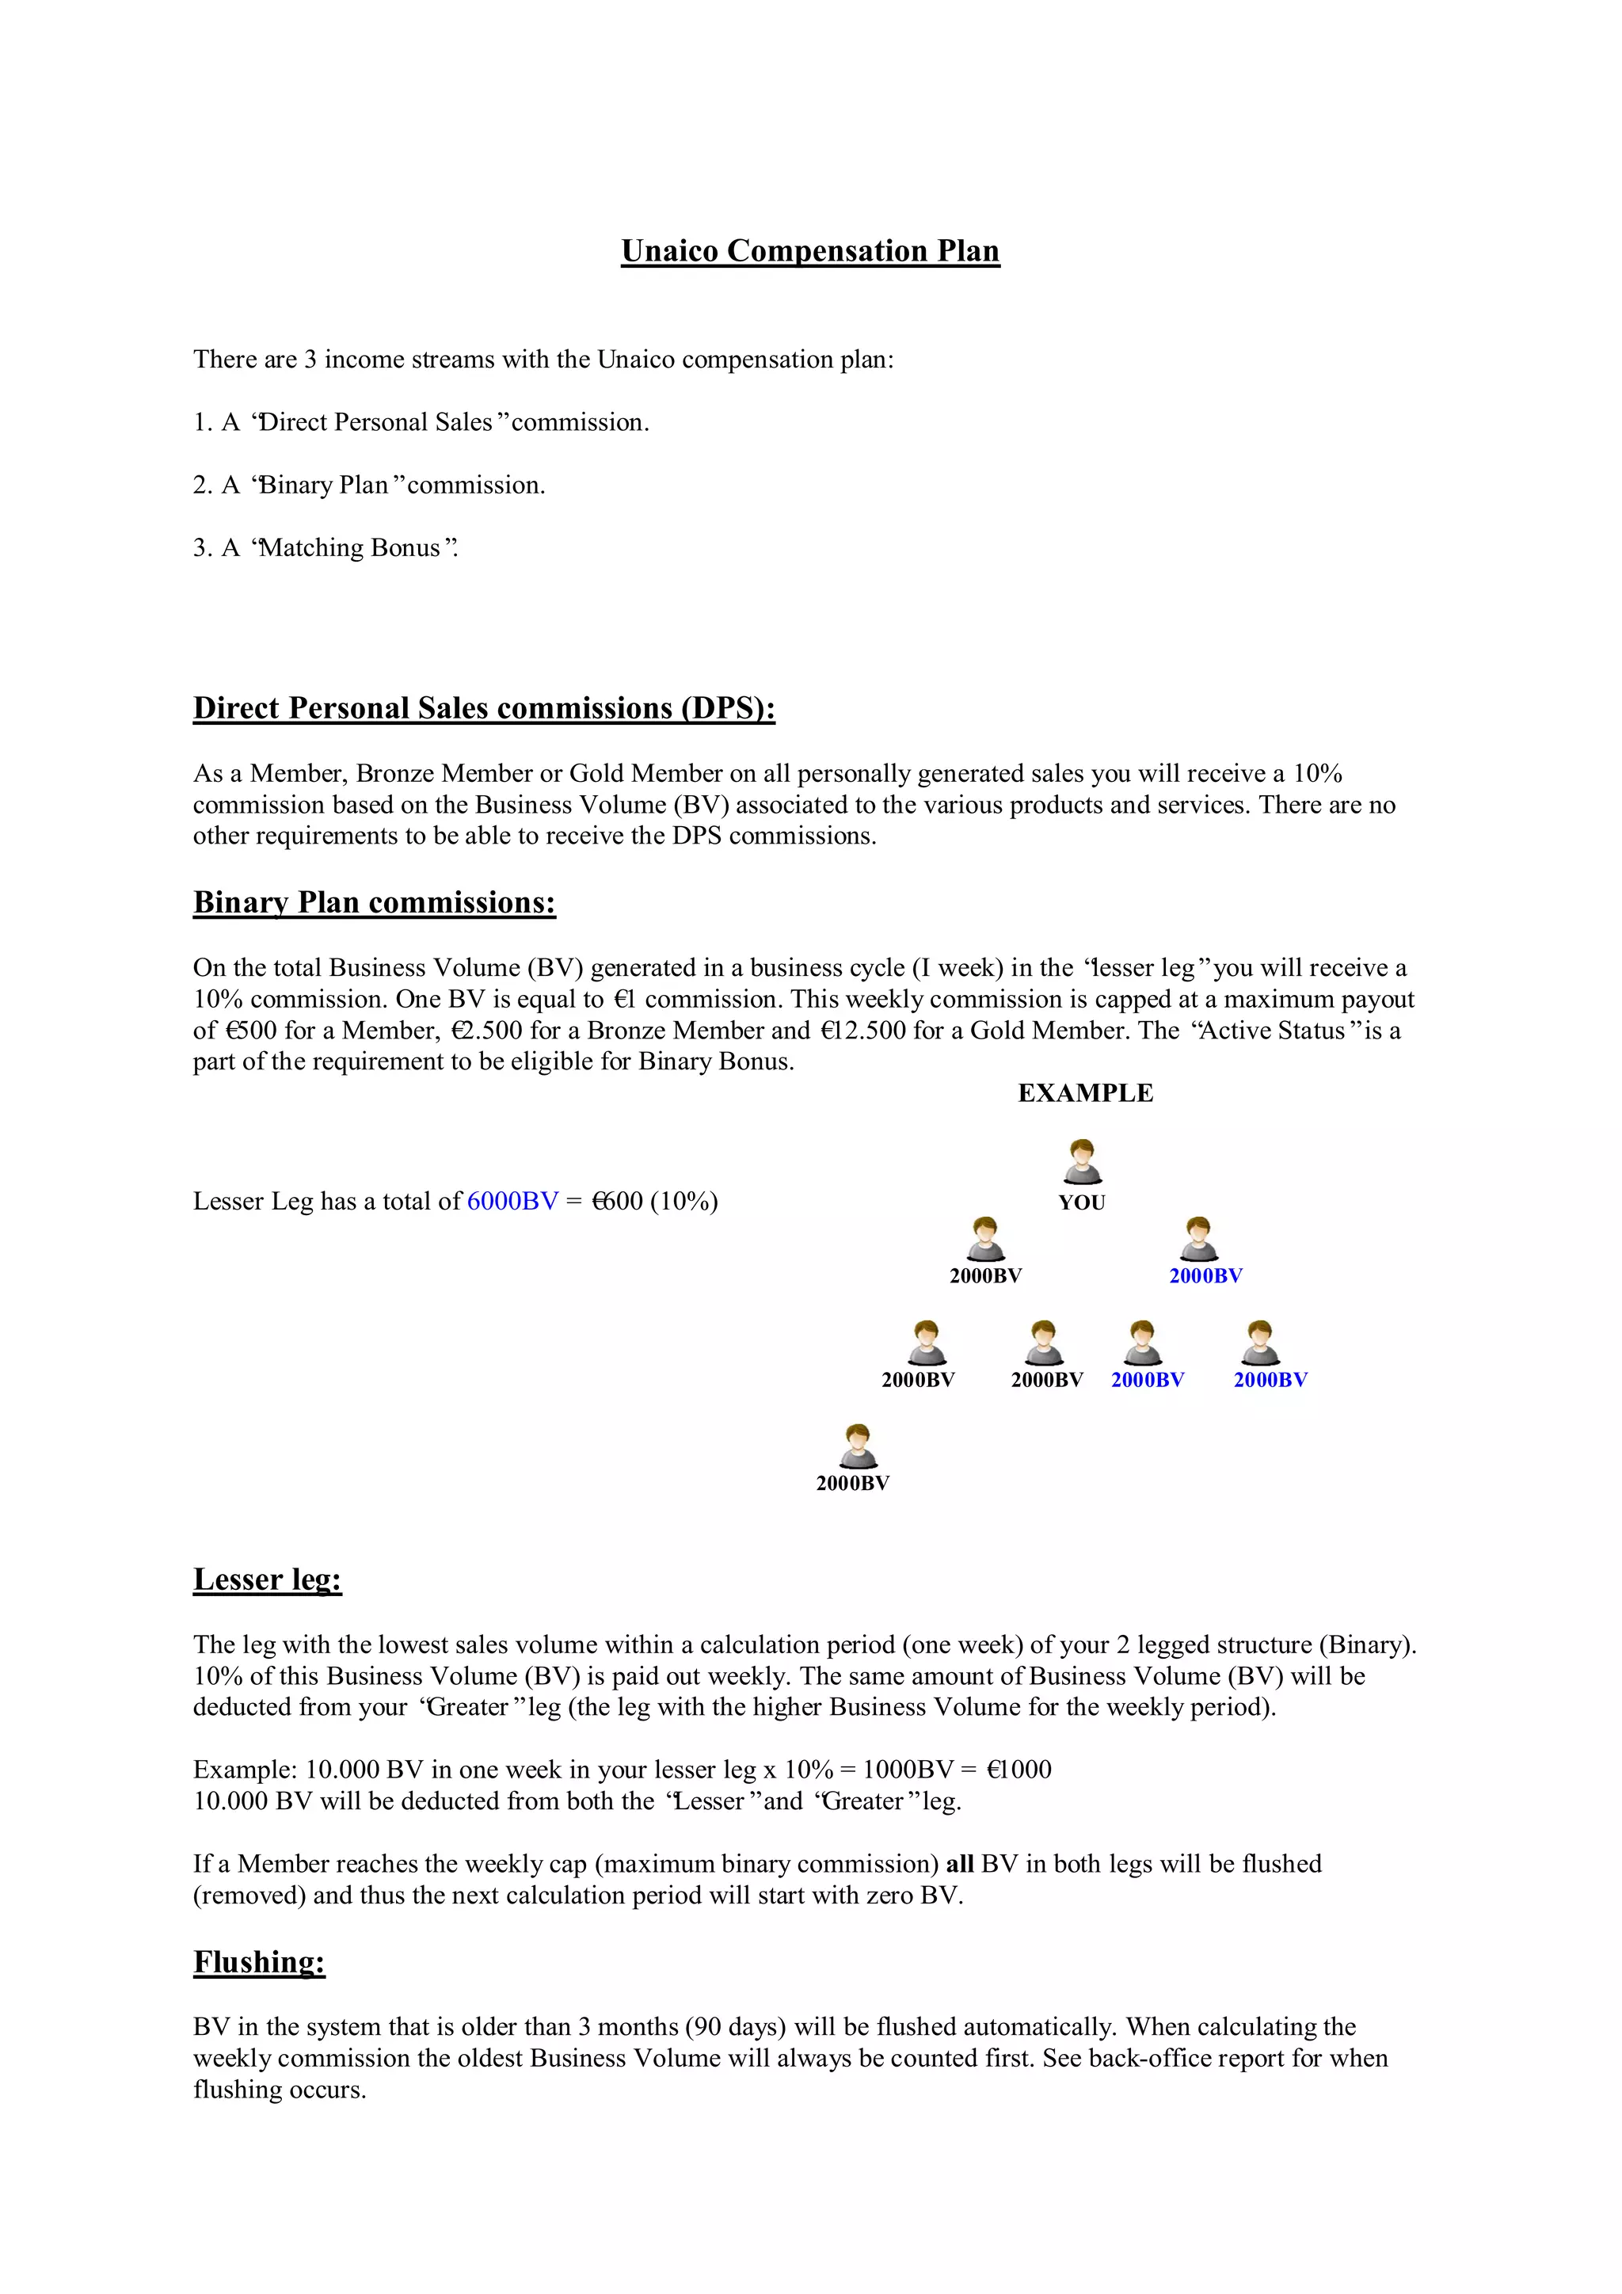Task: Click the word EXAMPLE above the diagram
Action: pyautogui.click(x=1085, y=1092)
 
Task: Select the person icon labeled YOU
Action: pyautogui.click(x=1082, y=1161)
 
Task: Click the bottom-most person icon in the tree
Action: pyautogui.click(x=856, y=1446)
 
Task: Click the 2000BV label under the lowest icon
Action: pyautogui.click(x=852, y=1483)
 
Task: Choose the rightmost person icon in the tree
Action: pyautogui.click(x=1260, y=1342)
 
